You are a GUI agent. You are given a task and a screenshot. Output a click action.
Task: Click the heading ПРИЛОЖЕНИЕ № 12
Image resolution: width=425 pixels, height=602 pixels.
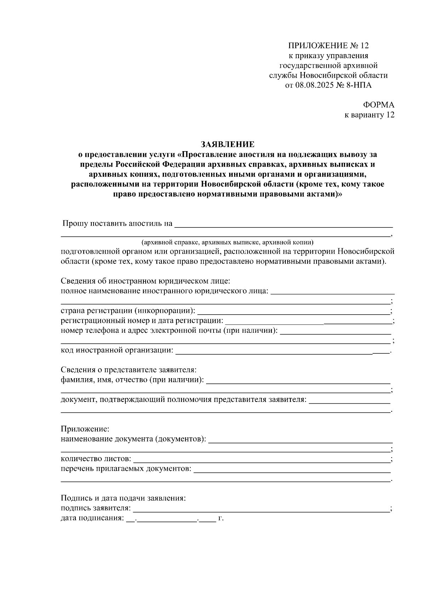pos(328,46)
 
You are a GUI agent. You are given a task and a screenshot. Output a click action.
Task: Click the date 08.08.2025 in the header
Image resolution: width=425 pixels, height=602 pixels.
pos(315,85)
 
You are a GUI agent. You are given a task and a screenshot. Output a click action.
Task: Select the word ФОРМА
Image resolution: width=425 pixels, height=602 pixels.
pos(378,105)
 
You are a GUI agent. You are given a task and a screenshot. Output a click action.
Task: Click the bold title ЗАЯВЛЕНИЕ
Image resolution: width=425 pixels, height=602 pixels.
pos(227,144)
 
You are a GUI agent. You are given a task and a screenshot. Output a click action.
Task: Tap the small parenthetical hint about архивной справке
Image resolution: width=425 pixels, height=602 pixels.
pos(227,243)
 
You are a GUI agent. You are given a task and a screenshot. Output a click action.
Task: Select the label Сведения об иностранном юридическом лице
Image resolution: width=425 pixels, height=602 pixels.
pos(146,281)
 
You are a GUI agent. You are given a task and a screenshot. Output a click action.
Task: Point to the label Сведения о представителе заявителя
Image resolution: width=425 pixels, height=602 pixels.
pos(129,370)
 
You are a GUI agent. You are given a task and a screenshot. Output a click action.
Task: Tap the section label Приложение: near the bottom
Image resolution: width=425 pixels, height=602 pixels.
pos(85,429)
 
